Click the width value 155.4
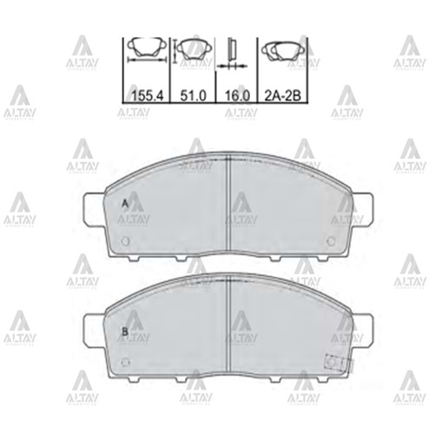[x=148, y=95]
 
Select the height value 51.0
[x=194, y=95]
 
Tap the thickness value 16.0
[x=237, y=95]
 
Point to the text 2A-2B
[x=283, y=95]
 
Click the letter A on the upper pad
[x=125, y=204]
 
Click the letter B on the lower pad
[x=125, y=332]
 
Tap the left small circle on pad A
[x=126, y=241]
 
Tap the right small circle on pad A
[x=331, y=241]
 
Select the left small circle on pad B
[x=126, y=362]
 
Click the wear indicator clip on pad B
[x=339, y=363]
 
